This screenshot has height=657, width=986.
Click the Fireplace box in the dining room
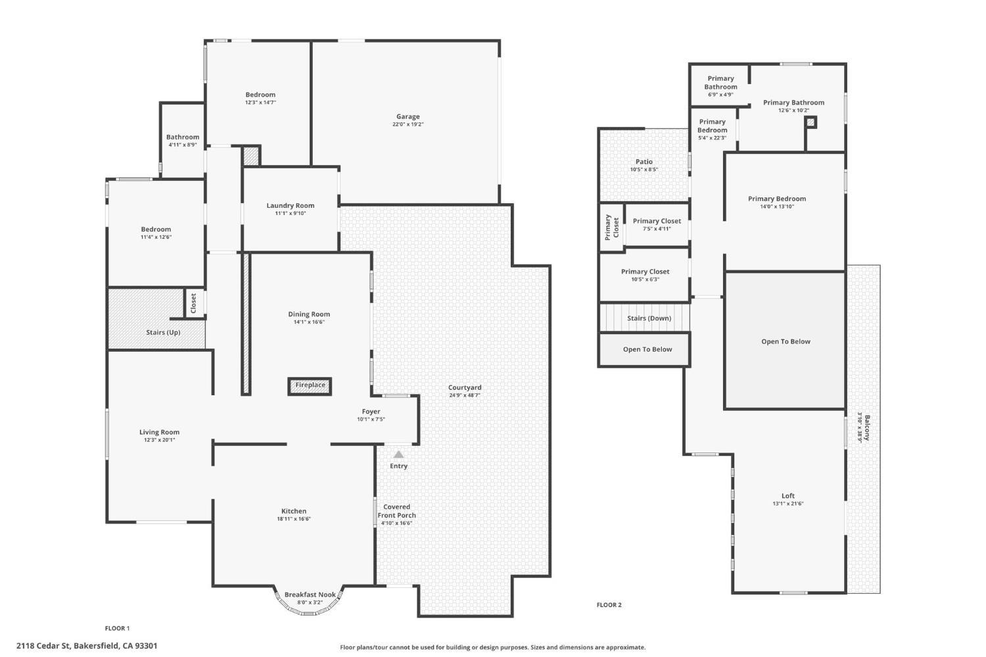click(310, 386)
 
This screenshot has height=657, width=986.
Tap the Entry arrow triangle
click(398, 454)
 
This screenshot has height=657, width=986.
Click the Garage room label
click(408, 116)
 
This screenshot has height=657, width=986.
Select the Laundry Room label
click(290, 205)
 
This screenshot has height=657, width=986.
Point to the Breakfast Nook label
click(310, 595)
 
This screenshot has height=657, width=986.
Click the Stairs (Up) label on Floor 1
click(163, 332)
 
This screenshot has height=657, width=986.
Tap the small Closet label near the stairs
click(193, 303)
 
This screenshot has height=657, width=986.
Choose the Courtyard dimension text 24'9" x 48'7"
click(464, 395)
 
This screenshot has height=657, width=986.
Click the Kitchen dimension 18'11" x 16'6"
click(294, 519)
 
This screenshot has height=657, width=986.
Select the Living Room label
click(159, 432)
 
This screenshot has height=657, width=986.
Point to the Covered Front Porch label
click(396, 511)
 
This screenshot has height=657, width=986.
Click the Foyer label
click(371, 411)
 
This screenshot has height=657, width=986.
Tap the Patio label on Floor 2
click(644, 162)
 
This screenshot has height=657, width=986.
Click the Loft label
click(788, 495)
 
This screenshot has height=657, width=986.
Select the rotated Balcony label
click(867, 427)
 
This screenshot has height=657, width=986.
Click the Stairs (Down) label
click(649, 318)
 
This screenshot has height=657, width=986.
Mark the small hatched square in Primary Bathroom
click(810, 122)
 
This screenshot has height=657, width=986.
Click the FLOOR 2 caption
click(609, 604)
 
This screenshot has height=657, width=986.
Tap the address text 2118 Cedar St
click(43, 646)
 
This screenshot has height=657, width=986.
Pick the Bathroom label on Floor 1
click(183, 137)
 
